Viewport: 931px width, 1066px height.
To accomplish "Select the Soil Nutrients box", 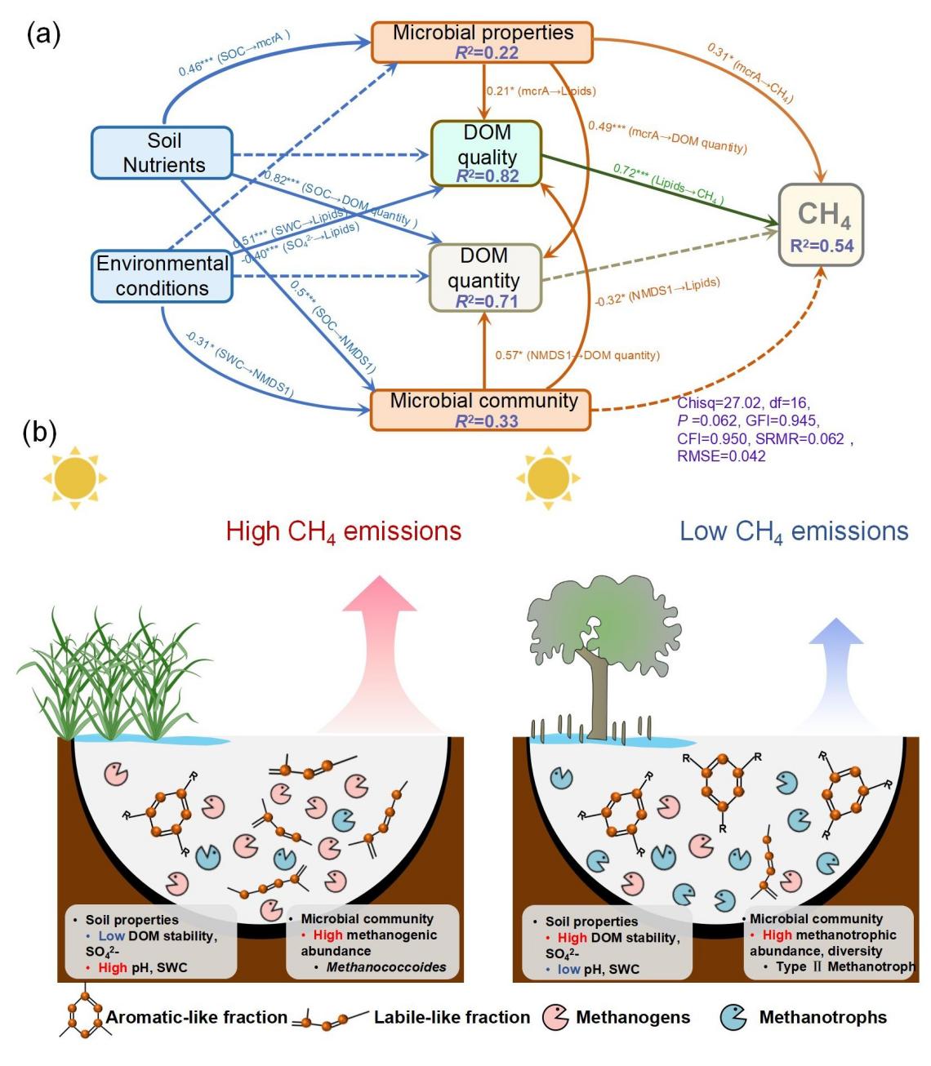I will coord(163,153).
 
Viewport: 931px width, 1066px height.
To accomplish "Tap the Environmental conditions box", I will coord(163,276).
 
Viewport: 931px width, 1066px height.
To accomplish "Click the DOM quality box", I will coord(487,153).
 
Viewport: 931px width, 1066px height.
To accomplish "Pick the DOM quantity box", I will coord(485,278).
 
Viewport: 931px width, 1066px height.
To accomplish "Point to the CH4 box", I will coord(821,224).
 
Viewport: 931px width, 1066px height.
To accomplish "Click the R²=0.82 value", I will coord(487,175).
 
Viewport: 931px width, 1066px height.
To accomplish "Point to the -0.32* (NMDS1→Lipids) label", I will coord(658,291).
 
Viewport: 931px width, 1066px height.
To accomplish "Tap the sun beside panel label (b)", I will coord(75,476).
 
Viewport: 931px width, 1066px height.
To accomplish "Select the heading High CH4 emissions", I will coord(344,531).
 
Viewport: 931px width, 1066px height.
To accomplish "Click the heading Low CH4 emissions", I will coord(794,531).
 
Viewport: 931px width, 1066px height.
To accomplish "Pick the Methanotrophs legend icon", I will coord(734,1017).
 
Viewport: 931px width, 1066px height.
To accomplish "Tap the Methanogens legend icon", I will coord(556,1017).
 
